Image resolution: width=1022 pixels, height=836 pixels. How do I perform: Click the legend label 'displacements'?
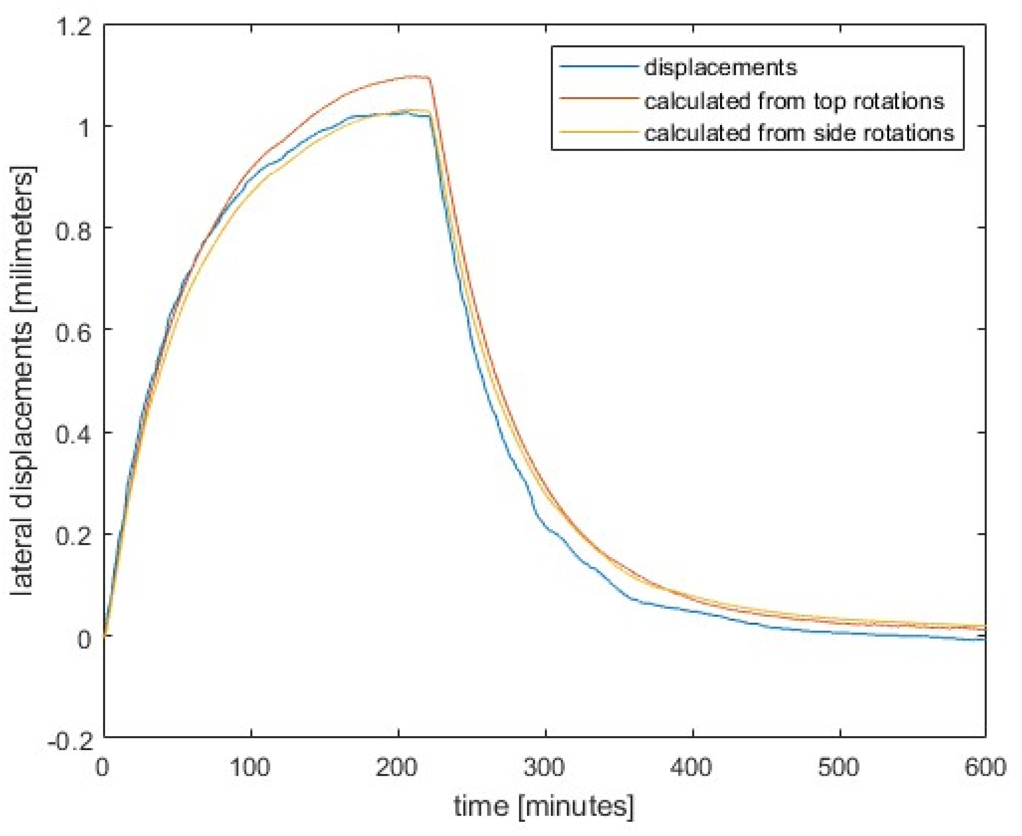pos(720,68)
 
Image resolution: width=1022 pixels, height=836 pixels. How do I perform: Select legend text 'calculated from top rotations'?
pos(794,101)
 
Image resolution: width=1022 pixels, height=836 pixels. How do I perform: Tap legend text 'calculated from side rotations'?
pos(799,133)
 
